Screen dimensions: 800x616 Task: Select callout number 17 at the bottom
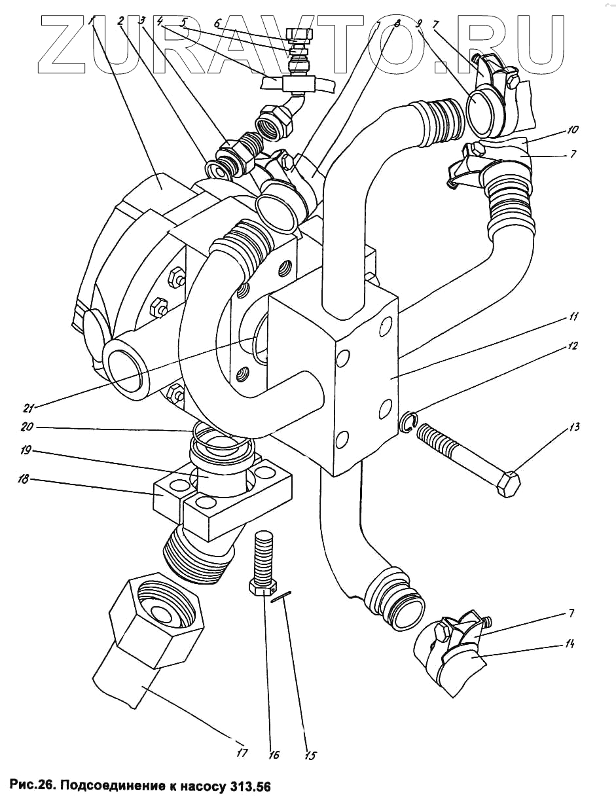point(242,753)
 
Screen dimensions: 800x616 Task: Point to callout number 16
point(273,755)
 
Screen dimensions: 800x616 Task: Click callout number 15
point(310,755)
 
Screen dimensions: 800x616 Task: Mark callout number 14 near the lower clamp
point(569,645)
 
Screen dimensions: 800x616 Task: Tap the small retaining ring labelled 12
point(407,422)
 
